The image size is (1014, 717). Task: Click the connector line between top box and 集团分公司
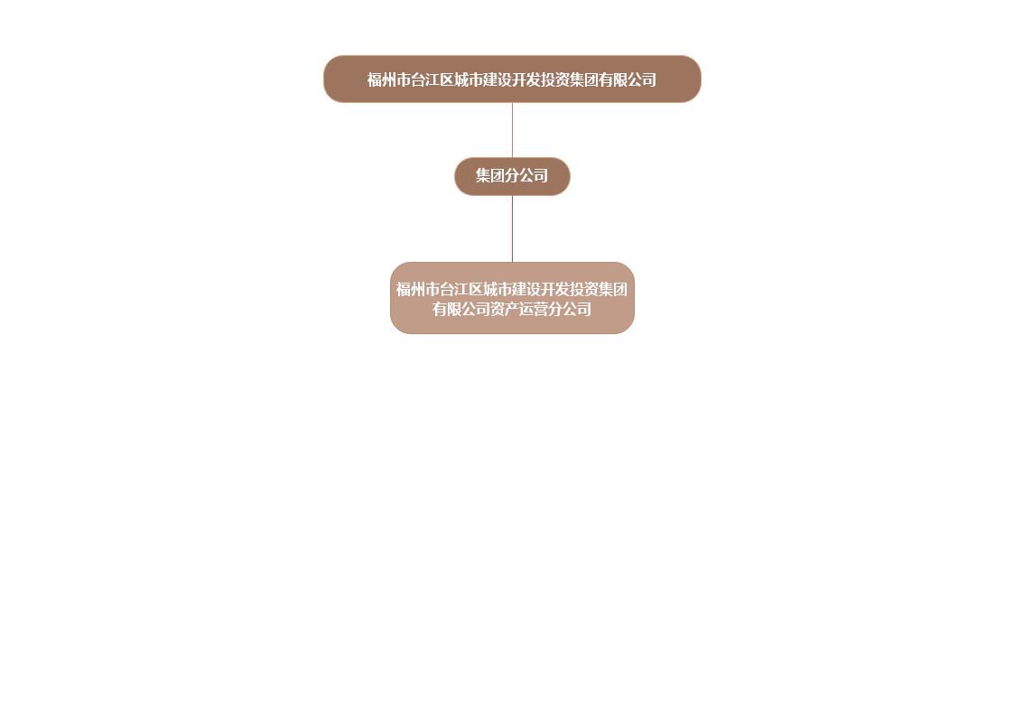[513, 130]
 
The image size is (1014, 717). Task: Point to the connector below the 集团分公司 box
[513, 228]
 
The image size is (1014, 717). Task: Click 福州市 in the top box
[389, 80]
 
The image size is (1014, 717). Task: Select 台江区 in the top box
[433, 80]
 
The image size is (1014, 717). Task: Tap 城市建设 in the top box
[483, 80]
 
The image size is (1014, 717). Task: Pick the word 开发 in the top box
[526, 80]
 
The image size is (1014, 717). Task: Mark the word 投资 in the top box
[555, 80]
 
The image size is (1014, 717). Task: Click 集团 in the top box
[584, 80]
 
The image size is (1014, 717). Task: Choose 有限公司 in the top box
[628, 80]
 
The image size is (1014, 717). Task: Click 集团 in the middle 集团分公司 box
[490, 176]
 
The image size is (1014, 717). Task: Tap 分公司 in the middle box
[526, 176]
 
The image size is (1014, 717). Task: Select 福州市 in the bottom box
[418, 290]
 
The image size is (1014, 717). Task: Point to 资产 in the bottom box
[498, 310]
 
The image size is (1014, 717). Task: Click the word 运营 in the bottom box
[526, 310]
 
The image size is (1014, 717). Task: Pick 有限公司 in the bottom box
[461, 310]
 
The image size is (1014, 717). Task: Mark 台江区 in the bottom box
[461, 290]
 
